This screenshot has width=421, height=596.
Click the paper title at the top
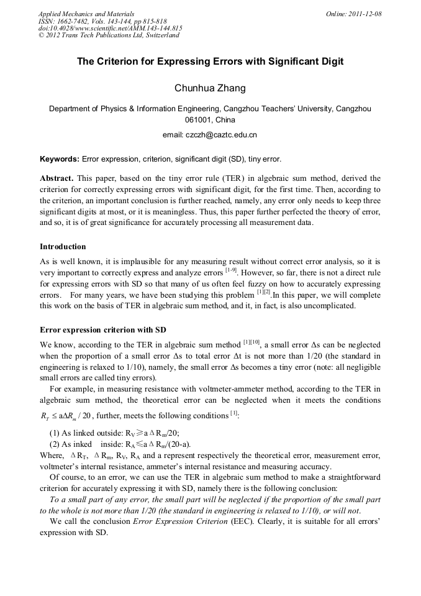coord(210,62)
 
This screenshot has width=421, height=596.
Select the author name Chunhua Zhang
coord(210,88)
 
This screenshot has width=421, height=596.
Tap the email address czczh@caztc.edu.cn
coord(210,134)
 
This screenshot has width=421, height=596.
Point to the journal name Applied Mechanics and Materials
coord(86,14)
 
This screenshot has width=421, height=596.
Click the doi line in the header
coord(110,28)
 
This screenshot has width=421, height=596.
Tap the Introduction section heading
coord(63,247)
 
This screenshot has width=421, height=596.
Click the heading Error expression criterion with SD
coord(102,329)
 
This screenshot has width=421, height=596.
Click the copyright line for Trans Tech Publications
coord(109,35)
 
